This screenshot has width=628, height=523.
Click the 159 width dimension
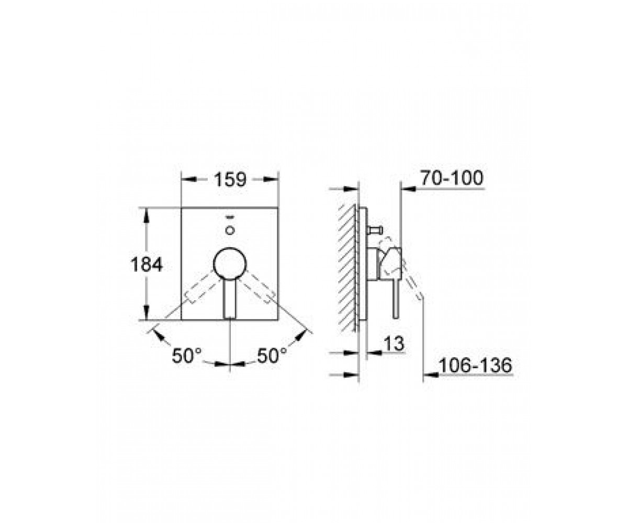click(230, 180)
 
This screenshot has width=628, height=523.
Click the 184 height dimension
click(147, 265)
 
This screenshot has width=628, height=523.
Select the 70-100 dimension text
click(451, 178)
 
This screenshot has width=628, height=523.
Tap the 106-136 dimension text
click(475, 365)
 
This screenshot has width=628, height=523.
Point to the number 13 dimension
click(394, 344)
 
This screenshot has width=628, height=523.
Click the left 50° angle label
click(186, 356)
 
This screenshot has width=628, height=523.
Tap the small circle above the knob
click(230, 231)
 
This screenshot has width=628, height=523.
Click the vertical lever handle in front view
click(230, 299)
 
